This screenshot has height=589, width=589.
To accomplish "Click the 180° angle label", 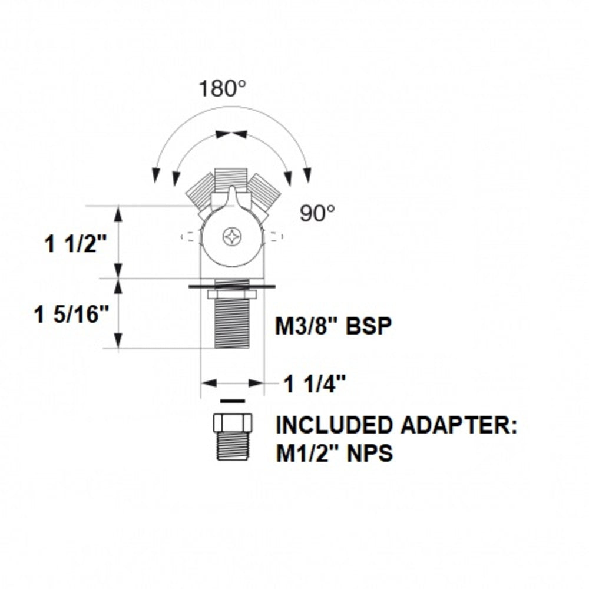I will point(221,89).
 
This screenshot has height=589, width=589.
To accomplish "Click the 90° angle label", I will point(317,213).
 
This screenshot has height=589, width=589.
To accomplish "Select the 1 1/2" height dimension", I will point(76,243).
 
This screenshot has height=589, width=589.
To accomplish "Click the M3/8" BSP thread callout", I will point(333,326).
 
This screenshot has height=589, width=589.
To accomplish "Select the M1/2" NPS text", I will point(333,454).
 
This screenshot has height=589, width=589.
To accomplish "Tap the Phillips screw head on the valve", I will point(232,237).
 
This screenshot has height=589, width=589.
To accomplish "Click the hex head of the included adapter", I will point(232,423).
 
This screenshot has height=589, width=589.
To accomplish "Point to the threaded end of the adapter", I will point(232,446).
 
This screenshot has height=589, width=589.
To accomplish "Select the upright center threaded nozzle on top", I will point(230,178).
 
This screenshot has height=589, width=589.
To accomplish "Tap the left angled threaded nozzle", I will point(201,190).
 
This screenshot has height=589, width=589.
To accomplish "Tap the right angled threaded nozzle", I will point(263,188).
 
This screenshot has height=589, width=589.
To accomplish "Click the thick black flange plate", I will point(232,287).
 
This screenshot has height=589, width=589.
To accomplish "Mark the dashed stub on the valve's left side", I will point(189,237).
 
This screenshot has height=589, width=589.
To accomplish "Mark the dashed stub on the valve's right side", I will point(275,237).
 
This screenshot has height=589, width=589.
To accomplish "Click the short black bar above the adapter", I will point(232,401).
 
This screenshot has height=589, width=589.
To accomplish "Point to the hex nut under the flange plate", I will point(232,294).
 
